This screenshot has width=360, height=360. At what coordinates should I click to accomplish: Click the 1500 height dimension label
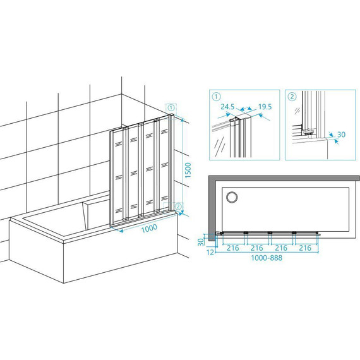coord(188,170)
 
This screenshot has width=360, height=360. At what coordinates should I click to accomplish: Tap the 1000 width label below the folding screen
coord(149,228)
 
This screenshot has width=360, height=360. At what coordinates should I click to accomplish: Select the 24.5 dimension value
coord(227,107)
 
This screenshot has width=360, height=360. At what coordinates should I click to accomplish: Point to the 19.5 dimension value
coord(265,107)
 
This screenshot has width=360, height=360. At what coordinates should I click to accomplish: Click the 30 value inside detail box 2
coord(341,135)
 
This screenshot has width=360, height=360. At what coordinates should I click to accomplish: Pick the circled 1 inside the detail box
coord(216,97)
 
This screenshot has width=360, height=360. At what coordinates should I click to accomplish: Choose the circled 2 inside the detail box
coord(292,97)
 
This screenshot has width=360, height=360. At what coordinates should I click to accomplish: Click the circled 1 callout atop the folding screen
coord(171,107)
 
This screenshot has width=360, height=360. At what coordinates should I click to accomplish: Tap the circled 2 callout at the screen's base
coord(178,206)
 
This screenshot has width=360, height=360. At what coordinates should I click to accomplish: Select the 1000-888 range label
coord(267,258)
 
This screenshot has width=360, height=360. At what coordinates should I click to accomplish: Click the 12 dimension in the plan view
coord(210,253)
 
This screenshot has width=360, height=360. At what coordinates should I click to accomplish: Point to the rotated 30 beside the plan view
coord(201,242)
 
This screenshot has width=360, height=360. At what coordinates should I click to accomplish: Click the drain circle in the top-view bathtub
coord(232,197)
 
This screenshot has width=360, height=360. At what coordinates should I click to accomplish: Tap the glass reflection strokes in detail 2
coord(297,111)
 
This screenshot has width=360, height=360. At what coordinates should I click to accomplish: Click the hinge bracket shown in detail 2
coord(309,133)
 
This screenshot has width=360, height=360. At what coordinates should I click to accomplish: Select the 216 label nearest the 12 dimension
coord(233,248)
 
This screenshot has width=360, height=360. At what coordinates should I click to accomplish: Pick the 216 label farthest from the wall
coord(305,248)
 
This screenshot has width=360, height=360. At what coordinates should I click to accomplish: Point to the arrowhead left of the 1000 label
coord(121,231)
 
